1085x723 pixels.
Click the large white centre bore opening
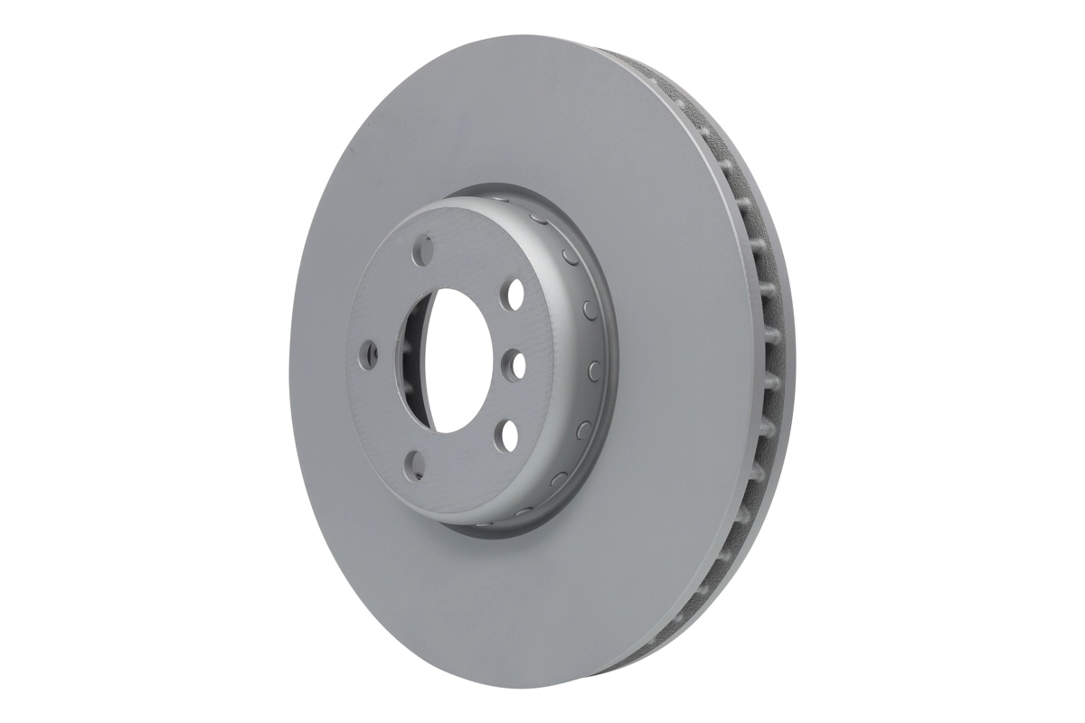pos(457,361)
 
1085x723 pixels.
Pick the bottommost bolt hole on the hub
pos(416,465)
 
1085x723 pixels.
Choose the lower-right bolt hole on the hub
pos(509,433)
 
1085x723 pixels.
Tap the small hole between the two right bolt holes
pos(515,363)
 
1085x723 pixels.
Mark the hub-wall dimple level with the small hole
pos(595,369)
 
